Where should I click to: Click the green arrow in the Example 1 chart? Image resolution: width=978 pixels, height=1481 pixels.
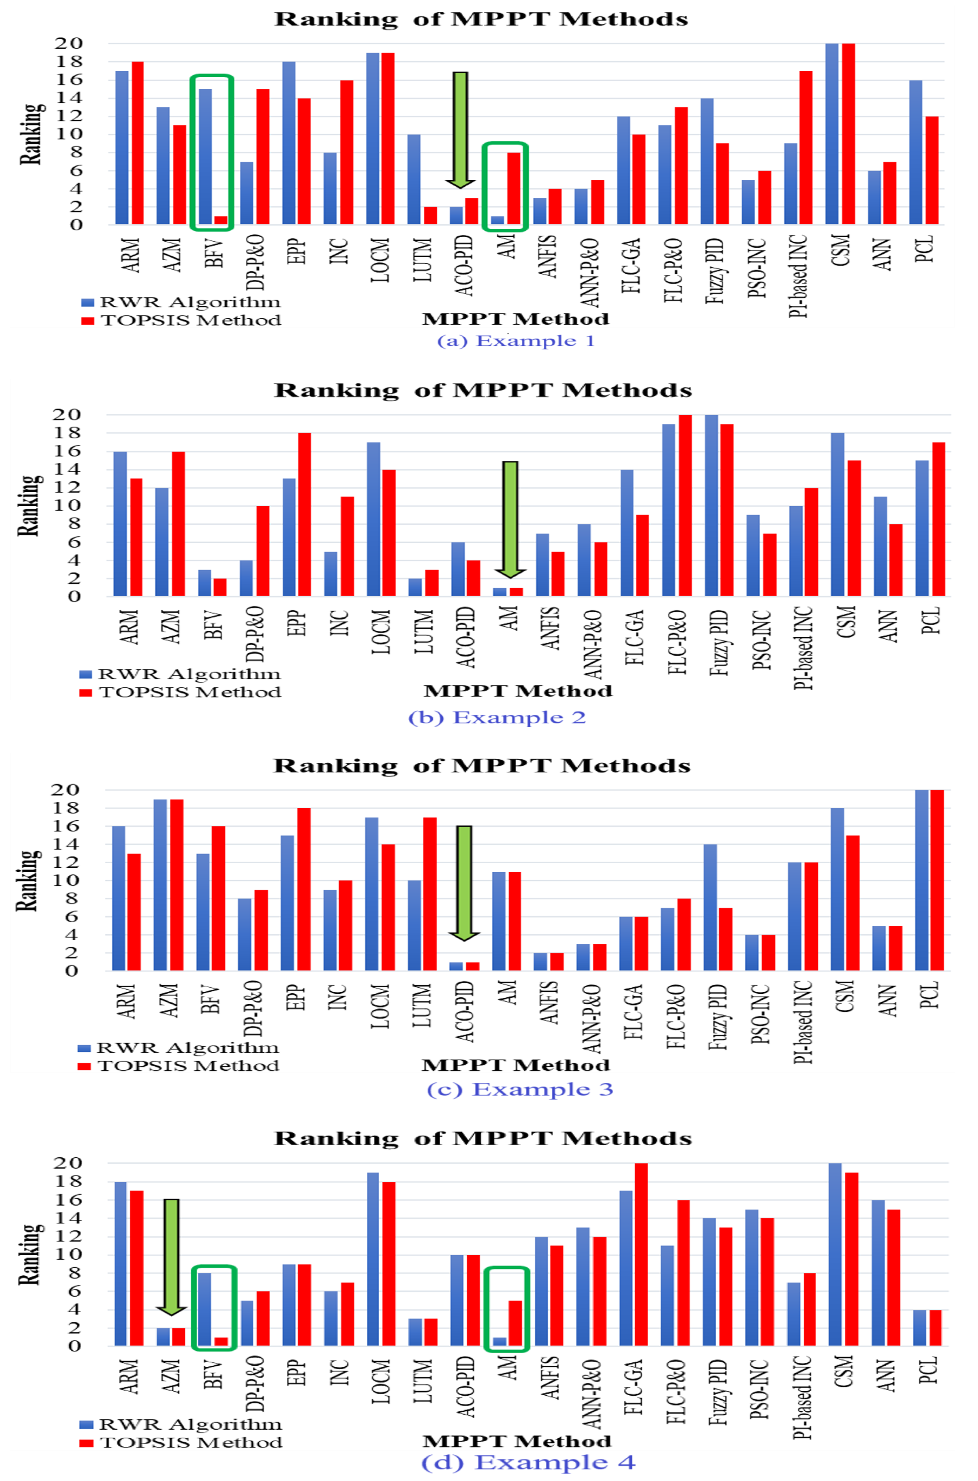tap(460, 130)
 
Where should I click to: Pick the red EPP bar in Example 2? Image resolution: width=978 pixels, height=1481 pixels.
tap(304, 514)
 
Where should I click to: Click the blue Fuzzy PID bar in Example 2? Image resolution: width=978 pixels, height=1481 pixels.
tap(711, 505)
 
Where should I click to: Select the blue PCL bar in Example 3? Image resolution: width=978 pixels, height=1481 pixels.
tap(921, 880)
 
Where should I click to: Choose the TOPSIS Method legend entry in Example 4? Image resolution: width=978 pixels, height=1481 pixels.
tap(181, 1442)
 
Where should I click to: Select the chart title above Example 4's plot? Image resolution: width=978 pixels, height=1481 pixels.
tap(483, 1139)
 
